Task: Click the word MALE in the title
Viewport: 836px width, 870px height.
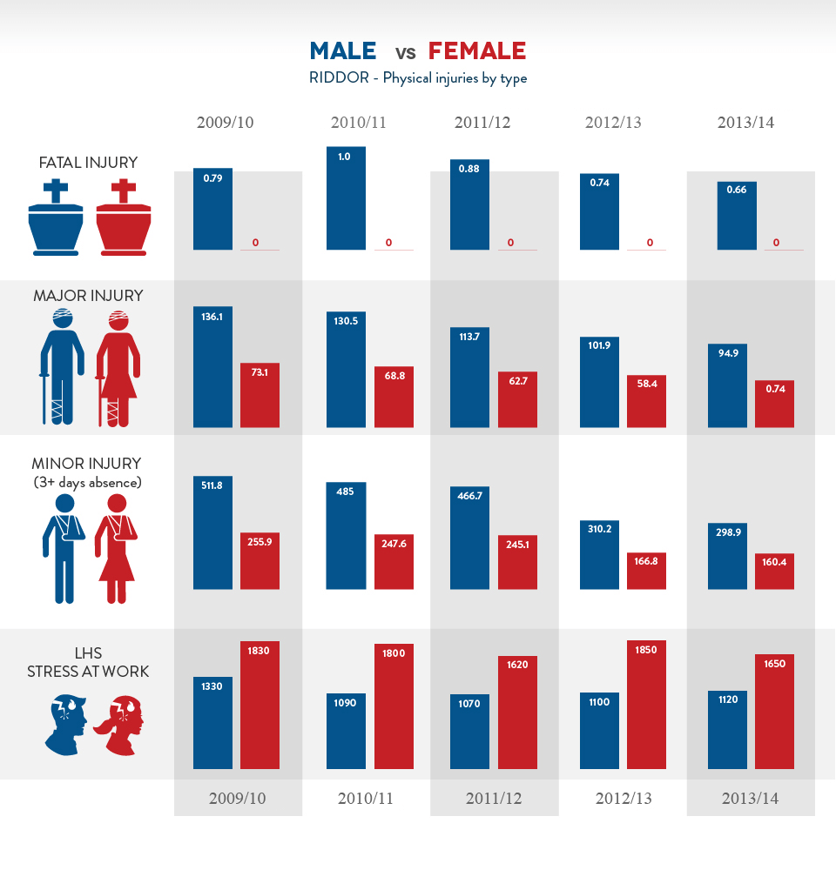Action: [343, 50]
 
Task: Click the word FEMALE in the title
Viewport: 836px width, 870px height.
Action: [477, 50]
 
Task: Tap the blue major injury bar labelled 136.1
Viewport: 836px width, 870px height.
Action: [212, 366]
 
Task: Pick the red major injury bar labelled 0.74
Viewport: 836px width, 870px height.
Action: [774, 404]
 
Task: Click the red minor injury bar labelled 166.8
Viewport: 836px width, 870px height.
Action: [646, 571]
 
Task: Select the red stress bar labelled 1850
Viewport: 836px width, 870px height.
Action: [646, 705]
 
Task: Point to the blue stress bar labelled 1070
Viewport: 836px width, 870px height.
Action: [469, 731]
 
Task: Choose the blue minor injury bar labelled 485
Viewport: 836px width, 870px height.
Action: [346, 535]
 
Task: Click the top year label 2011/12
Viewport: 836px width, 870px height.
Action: [482, 123]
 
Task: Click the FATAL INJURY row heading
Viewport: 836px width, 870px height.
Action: [88, 163]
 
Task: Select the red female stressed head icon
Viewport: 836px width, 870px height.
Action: [122, 724]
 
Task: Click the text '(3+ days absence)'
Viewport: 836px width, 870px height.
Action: [87, 482]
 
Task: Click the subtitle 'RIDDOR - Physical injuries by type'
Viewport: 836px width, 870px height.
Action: [418, 78]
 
